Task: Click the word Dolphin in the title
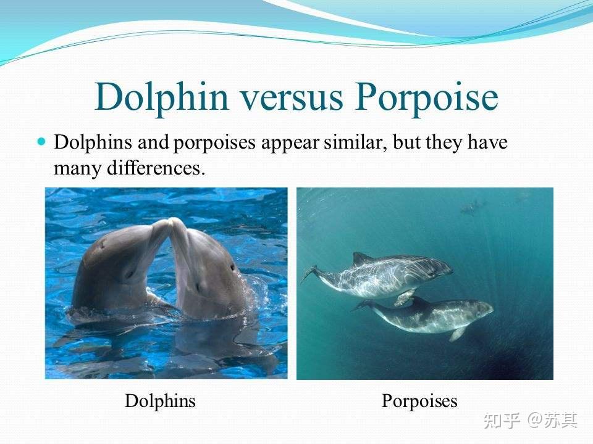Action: [157, 97]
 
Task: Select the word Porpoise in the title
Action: [427, 97]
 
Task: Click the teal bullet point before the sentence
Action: [42, 141]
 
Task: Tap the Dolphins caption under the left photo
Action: [160, 401]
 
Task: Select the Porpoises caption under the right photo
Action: [419, 401]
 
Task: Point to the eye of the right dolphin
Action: [233, 268]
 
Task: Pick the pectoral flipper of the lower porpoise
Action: [458, 334]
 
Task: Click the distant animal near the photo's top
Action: [473, 208]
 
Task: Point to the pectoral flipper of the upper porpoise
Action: [405, 298]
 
